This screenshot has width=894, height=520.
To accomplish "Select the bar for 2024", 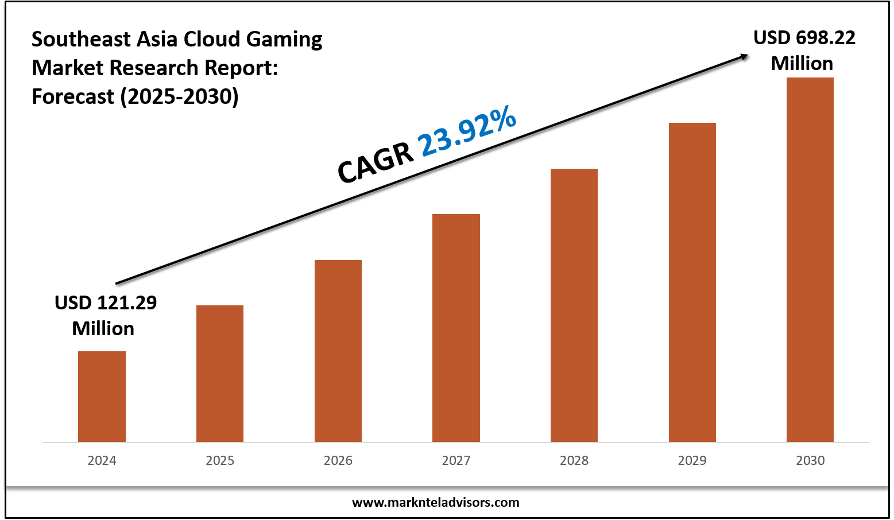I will click(x=102, y=396).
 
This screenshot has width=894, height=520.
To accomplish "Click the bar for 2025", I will click(x=220, y=373).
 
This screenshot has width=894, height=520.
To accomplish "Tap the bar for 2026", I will click(x=338, y=351).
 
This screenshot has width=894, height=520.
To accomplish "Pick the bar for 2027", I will click(x=456, y=328).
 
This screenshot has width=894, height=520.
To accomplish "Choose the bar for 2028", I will click(x=574, y=305).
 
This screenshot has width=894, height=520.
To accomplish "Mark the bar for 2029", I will click(x=692, y=282).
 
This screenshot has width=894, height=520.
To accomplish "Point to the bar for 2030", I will click(x=810, y=259).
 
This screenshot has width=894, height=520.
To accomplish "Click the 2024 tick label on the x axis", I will click(x=102, y=460).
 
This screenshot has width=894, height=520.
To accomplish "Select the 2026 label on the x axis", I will click(x=338, y=460).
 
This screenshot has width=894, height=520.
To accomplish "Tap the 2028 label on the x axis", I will click(x=574, y=460).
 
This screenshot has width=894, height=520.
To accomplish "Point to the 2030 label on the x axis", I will click(x=810, y=460).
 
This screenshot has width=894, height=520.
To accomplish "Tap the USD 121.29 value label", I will click(x=105, y=303).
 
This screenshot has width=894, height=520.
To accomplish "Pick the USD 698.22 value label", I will click(x=804, y=38).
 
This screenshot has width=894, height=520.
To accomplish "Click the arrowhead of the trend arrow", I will click(x=744, y=56).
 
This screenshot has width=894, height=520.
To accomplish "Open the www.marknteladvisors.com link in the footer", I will click(x=435, y=503).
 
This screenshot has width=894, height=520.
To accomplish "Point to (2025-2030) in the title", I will click(x=179, y=96).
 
